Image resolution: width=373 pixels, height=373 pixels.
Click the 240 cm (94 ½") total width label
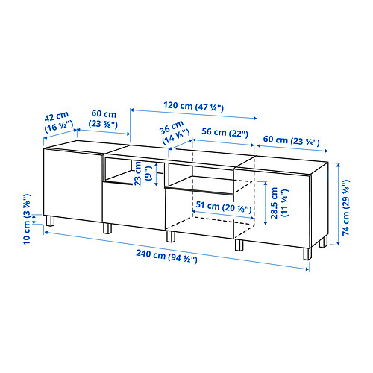click(x=166, y=257)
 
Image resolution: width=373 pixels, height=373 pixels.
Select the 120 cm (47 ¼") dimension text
click(x=194, y=107)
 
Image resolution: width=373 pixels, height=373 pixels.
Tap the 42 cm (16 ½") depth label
click(x=58, y=122)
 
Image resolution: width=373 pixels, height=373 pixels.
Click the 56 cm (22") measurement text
click(x=225, y=133)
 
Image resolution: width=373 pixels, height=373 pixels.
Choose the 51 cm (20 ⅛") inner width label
click(x=224, y=207)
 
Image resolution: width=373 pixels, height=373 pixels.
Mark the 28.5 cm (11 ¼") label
click(x=279, y=203)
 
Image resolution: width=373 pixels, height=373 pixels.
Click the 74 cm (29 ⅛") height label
click(x=345, y=207)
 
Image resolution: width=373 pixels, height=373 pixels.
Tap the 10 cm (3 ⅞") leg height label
click(x=27, y=219)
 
